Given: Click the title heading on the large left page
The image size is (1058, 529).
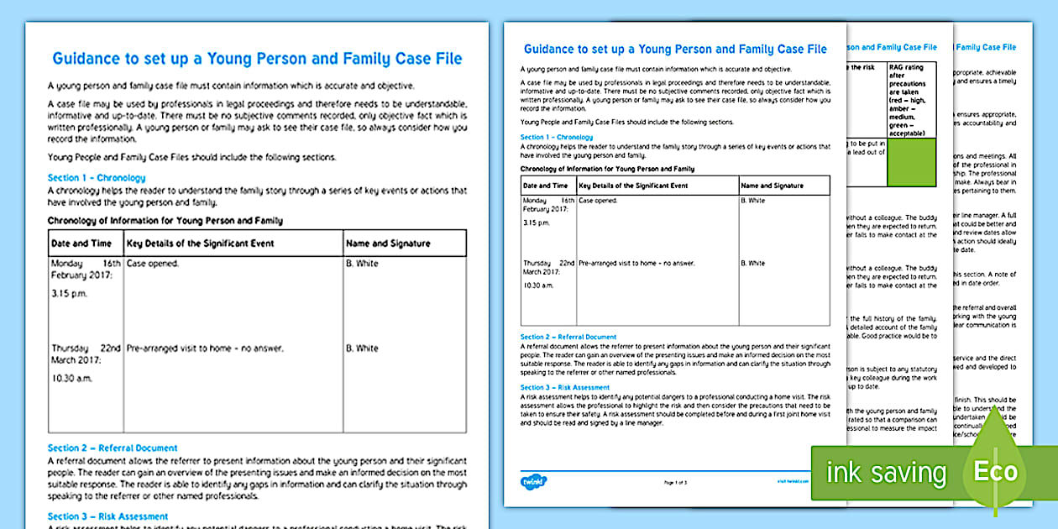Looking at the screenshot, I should click(257, 59).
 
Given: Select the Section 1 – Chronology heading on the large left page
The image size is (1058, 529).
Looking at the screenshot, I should click(97, 178).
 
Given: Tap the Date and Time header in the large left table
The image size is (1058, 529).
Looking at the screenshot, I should click(81, 244).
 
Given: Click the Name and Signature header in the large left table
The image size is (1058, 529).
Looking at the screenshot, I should click(388, 244).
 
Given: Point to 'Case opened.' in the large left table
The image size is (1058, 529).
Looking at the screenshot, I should click(153, 264).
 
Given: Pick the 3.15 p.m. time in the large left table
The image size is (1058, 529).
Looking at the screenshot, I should click(70, 294).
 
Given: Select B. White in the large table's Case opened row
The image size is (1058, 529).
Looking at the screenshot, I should click(362, 264).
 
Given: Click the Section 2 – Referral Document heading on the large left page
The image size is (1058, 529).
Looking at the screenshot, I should click(113, 448).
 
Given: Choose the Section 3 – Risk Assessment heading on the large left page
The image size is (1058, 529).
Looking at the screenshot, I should click(107, 516).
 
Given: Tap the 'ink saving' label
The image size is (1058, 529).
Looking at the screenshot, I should click(886, 473).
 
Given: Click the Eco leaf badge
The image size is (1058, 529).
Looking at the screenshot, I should click(996, 470).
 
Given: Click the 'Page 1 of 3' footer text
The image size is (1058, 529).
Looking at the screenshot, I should click(675, 483).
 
